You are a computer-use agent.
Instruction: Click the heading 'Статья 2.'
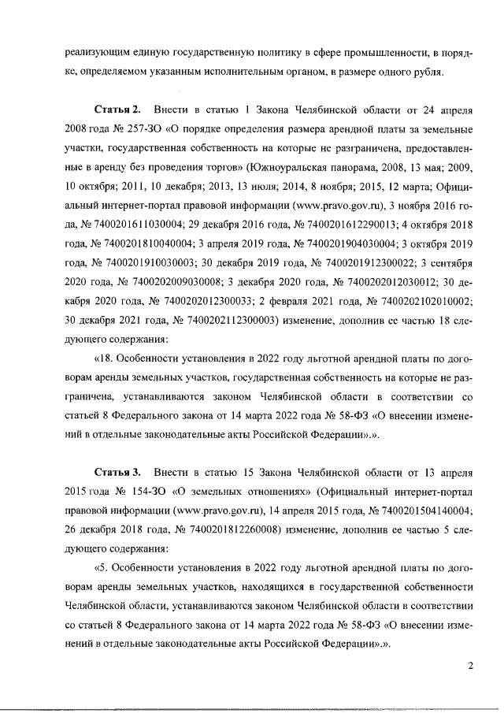pyautogui.click(x=117, y=106)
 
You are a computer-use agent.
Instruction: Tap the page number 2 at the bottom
pyautogui.click(x=470, y=666)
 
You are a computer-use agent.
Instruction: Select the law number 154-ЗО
pyautogui.click(x=130, y=492)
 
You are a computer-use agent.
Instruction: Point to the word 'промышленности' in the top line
pyautogui.click(x=384, y=52)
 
